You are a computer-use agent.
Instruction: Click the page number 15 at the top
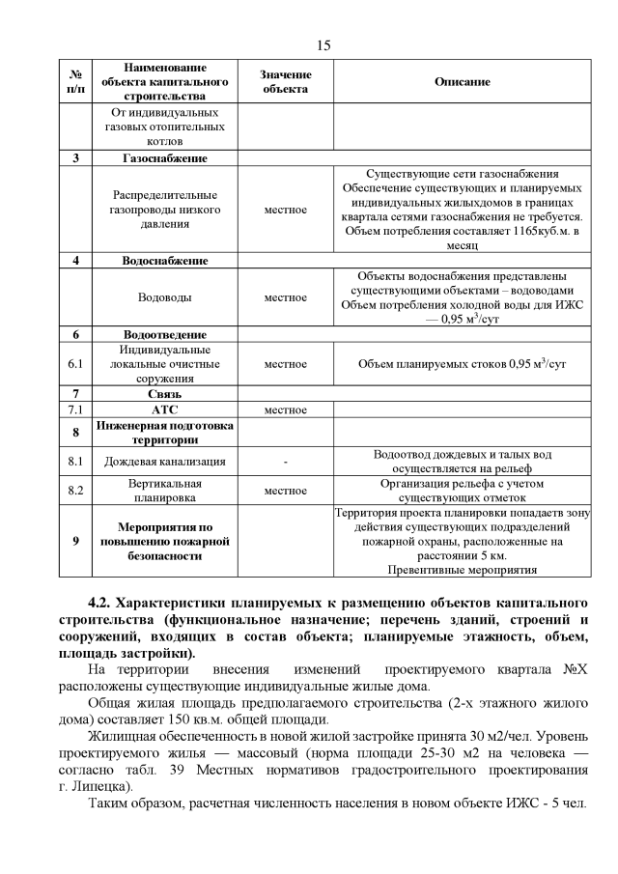point(323,45)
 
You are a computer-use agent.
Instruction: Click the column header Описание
point(462,82)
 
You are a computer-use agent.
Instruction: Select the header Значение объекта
point(285,82)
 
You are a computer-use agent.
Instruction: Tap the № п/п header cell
point(75,82)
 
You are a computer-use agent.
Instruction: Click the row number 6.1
point(75,364)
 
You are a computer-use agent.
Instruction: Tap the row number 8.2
point(75,491)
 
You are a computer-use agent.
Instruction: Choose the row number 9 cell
point(75,542)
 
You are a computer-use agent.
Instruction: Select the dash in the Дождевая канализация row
point(285,462)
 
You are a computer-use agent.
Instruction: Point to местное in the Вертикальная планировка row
point(285,491)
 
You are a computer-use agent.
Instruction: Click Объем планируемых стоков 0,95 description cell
point(462,364)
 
